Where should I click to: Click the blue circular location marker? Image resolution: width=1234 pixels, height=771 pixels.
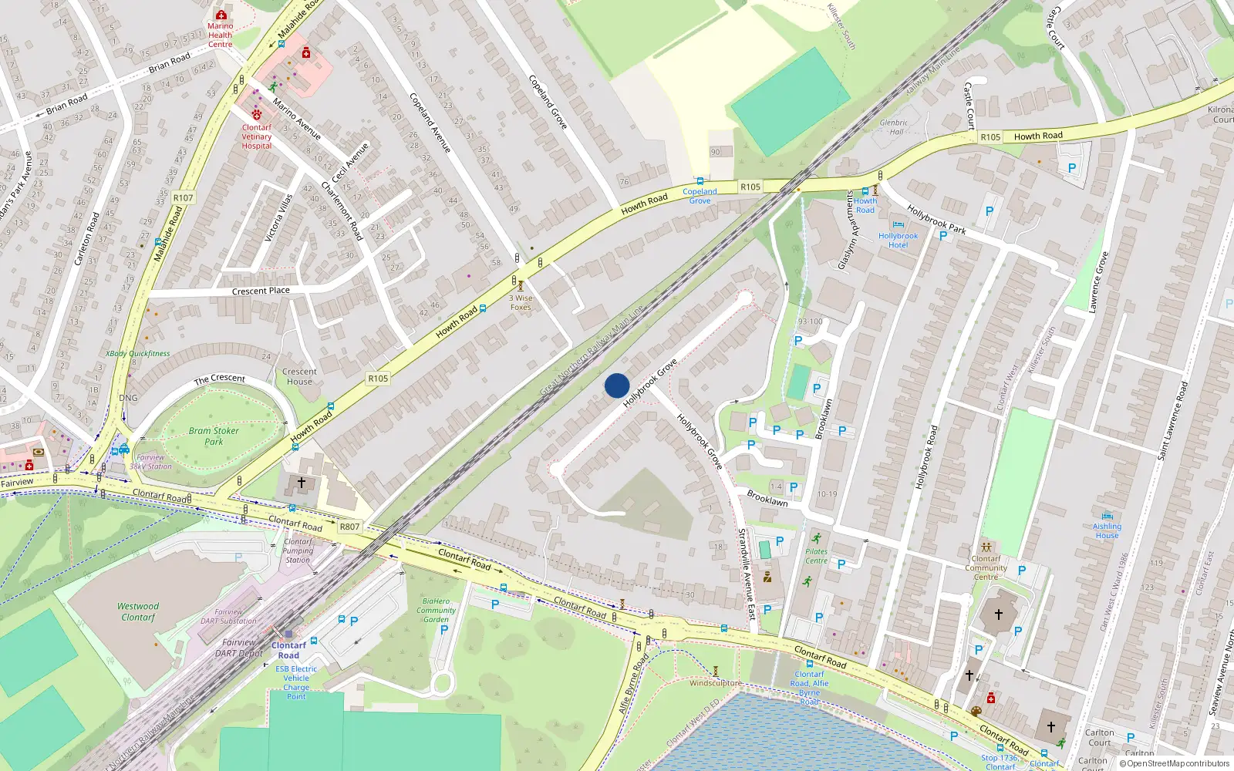[617, 385]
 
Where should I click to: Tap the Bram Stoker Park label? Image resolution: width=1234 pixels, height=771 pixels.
[214, 436]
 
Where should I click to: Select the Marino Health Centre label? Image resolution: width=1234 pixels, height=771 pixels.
[220, 35]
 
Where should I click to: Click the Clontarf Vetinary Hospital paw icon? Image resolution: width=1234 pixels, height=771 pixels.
[257, 115]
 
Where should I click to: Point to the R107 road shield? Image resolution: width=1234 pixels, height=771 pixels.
[183, 198]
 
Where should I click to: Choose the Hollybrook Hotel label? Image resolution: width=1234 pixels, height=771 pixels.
[898, 241]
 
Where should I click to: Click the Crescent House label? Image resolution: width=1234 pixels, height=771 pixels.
[299, 376]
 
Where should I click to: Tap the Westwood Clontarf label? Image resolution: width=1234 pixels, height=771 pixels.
[138, 611]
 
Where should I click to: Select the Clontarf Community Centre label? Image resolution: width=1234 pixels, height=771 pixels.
[986, 567]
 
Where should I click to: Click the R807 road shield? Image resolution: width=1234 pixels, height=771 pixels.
[349, 527]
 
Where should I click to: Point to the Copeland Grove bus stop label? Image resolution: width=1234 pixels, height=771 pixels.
[700, 196]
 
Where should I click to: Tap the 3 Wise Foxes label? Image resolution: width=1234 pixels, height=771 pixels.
[521, 302]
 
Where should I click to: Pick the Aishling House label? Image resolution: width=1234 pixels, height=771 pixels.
[1107, 530]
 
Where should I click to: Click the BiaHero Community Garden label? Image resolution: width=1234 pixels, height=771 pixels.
[437, 610]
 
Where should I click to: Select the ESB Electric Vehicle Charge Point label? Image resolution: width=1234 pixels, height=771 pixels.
[296, 682]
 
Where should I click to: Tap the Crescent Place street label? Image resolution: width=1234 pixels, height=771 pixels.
[261, 291]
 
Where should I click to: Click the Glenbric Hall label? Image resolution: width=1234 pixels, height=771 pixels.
[894, 127]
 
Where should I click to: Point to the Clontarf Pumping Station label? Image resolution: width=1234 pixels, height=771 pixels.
[298, 550]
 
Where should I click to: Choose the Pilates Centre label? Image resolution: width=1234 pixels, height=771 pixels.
[816, 556]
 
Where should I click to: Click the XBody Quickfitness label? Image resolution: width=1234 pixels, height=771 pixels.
[138, 353]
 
